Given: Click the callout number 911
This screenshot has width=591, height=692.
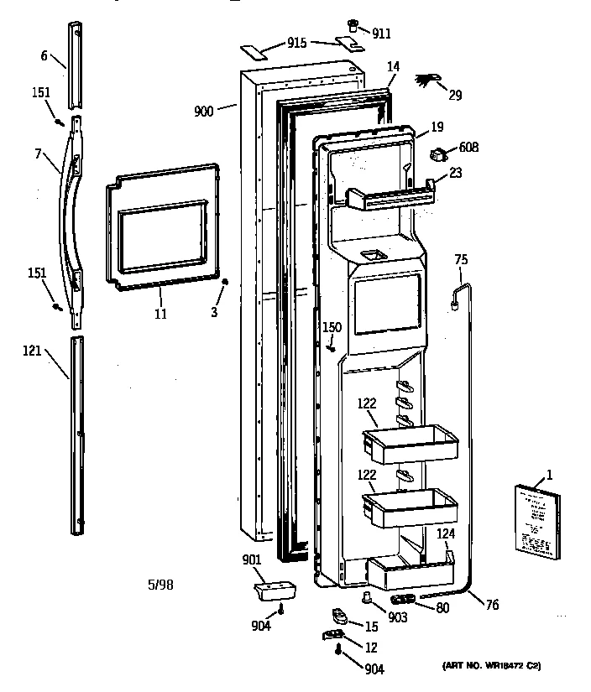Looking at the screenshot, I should pyautogui.click(x=382, y=34).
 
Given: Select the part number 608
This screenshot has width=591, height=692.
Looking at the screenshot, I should pyautogui.click(x=468, y=148).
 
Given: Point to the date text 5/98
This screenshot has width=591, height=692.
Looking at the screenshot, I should pyautogui.click(x=162, y=585).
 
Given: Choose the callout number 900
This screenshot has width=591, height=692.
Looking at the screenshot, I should pyautogui.click(x=204, y=110).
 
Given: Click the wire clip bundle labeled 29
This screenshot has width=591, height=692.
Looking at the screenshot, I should pyautogui.click(x=427, y=81).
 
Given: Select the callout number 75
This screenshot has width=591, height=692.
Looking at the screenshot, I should pyautogui.click(x=459, y=259).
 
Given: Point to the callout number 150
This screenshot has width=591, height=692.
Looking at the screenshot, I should pyautogui.click(x=332, y=326).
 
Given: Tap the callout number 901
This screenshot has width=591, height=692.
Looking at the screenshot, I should pyautogui.click(x=253, y=560).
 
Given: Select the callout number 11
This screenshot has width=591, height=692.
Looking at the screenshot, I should pyautogui.click(x=160, y=315).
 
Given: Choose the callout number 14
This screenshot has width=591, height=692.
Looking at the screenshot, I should pyautogui.click(x=393, y=65).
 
